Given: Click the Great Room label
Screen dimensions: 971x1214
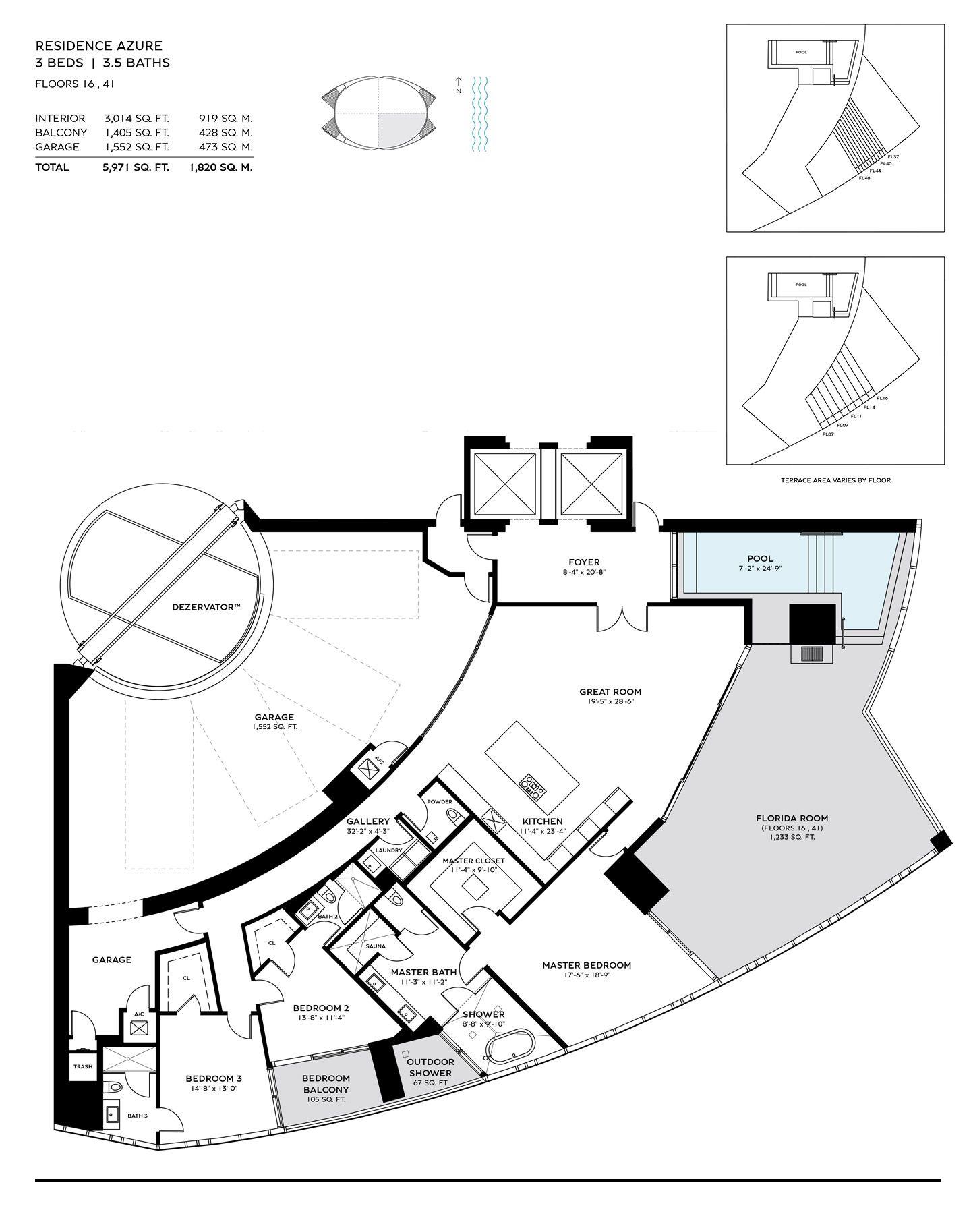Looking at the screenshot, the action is [610, 691].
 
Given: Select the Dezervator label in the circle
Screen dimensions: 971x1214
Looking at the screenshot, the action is [206, 607].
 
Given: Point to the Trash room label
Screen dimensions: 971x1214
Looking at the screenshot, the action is [83, 1066].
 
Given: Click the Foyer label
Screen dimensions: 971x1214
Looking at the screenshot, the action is [584, 562].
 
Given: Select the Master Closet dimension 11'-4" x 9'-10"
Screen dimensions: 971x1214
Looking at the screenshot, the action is [473, 870].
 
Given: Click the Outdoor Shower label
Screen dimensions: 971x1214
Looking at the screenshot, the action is [431, 1068].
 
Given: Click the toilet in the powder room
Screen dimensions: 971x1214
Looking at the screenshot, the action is [454, 818].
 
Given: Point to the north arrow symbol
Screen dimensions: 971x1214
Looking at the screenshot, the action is [458, 84].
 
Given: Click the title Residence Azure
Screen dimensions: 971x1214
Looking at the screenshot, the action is [99, 46].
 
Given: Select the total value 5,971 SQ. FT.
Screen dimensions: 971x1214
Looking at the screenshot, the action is [136, 167].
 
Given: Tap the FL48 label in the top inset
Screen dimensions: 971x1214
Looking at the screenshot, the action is [864, 178].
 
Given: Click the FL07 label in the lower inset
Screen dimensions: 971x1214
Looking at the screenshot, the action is [828, 434].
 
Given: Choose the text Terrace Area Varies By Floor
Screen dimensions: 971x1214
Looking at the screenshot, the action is [835, 480].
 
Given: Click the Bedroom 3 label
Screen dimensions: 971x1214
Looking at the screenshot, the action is [213, 1078].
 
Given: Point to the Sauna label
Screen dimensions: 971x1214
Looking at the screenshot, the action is [376, 946].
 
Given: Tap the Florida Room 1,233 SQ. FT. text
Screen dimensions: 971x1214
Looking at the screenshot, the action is [792, 837].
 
